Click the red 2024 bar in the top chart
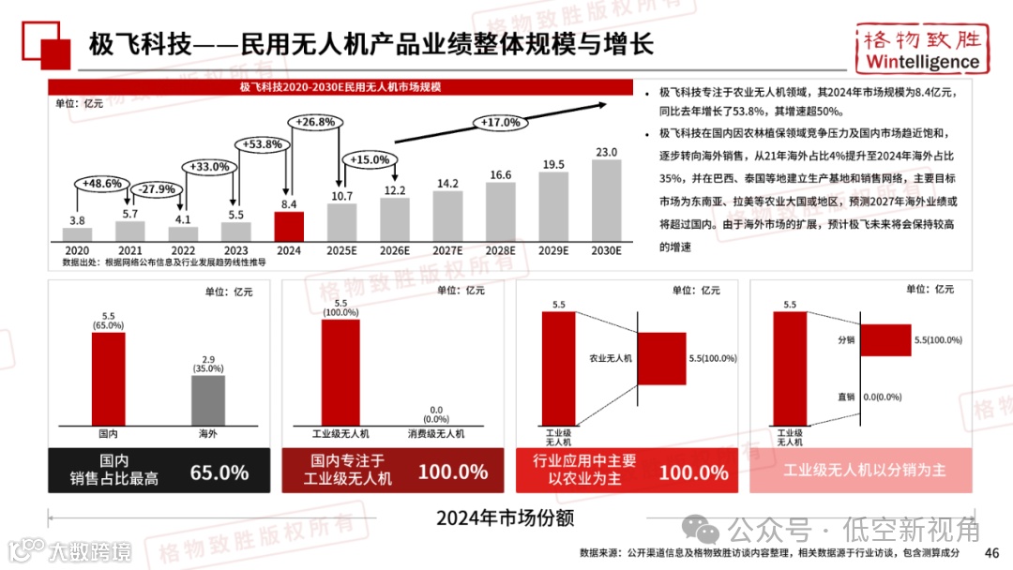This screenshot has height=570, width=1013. tap(288, 226)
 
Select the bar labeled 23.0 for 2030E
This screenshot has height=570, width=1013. tap(606, 200)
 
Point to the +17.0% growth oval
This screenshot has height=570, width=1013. tap(500, 123)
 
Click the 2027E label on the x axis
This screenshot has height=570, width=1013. tap(447, 250)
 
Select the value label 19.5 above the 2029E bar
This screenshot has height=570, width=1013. tap(553, 165)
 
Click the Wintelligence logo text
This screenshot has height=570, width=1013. tap(922, 62)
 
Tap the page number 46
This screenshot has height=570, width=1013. tap(991, 552)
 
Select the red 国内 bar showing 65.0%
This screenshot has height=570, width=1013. tap(108, 379)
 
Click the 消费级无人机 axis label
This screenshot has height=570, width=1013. tap(435, 434)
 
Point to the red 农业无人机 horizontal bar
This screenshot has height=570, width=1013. tap(662, 358)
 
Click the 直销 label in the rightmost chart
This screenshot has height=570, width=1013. tap(845, 397)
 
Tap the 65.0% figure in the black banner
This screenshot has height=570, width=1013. tap(219, 472)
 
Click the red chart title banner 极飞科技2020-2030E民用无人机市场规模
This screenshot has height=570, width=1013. tap(340, 87)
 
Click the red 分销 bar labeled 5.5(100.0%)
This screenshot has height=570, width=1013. tap(884, 339)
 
